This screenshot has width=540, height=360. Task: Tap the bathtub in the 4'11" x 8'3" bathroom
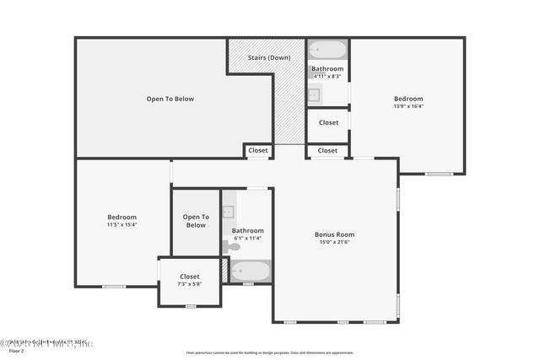click(x=327, y=50)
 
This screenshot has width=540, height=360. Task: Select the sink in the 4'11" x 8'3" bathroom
click(x=314, y=94)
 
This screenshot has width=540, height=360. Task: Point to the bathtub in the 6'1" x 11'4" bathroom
click(x=251, y=271)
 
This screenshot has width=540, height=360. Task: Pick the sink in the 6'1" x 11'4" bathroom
click(x=228, y=212)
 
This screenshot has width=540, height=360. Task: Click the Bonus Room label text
click(x=334, y=234)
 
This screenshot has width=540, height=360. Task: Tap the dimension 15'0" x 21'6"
click(x=334, y=243)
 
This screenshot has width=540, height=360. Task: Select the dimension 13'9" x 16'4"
click(x=408, y=106)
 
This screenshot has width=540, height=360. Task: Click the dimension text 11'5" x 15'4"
click(x=121, y=224)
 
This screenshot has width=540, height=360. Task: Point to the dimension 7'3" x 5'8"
click(x=190, y=283)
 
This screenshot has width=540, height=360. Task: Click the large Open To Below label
click(x=170, y=99)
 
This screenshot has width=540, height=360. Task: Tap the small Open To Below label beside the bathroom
click(x=196, y=221)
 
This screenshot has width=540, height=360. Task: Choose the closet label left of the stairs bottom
click(x=258, y=151)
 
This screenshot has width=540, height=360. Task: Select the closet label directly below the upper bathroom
click(x=328, y=122)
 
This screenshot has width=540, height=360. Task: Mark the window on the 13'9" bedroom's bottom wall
click(x=438, y=174)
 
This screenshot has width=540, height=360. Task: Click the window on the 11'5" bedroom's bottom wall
click(x=114, y=287)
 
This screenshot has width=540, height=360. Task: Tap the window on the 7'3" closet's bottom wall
click(x=191, y=306)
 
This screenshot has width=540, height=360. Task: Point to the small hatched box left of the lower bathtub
click(x=224, y=270)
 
